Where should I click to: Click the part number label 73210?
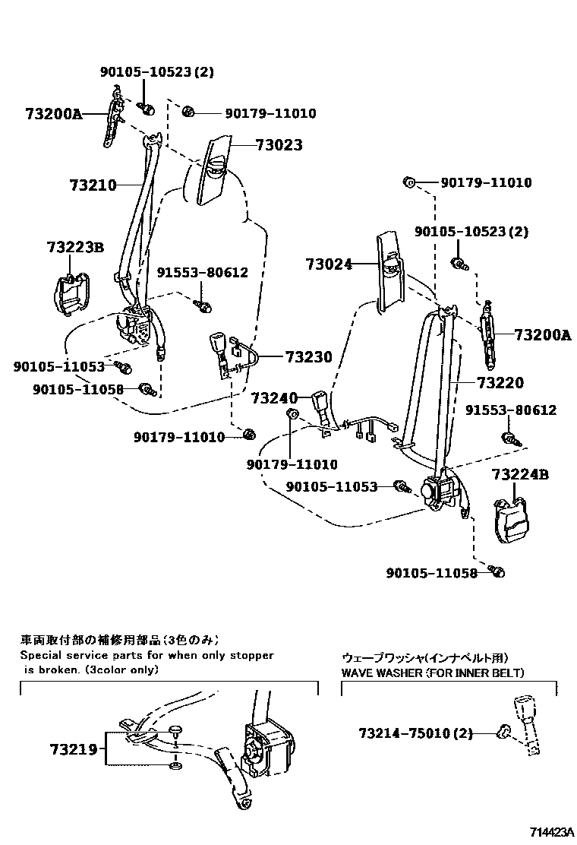pyautogui.click(x=93, y=185)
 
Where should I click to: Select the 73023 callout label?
pyautogui.click(x=279, y=145)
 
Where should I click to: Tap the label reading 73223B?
pyautogui.click(x=74, y=248)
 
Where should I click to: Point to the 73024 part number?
pyautogui.click(x=329, y=264)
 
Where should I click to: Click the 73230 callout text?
pyautogui.click(x=309, y=356)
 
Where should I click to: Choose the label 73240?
pyautogui.click(x=274, y=397)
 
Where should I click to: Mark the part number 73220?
pyautogui.click(x=500, y=383)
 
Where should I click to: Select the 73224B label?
pyautogui.click(x=519, y=475)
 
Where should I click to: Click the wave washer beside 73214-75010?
pyautogui.click(x=502, y=732)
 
